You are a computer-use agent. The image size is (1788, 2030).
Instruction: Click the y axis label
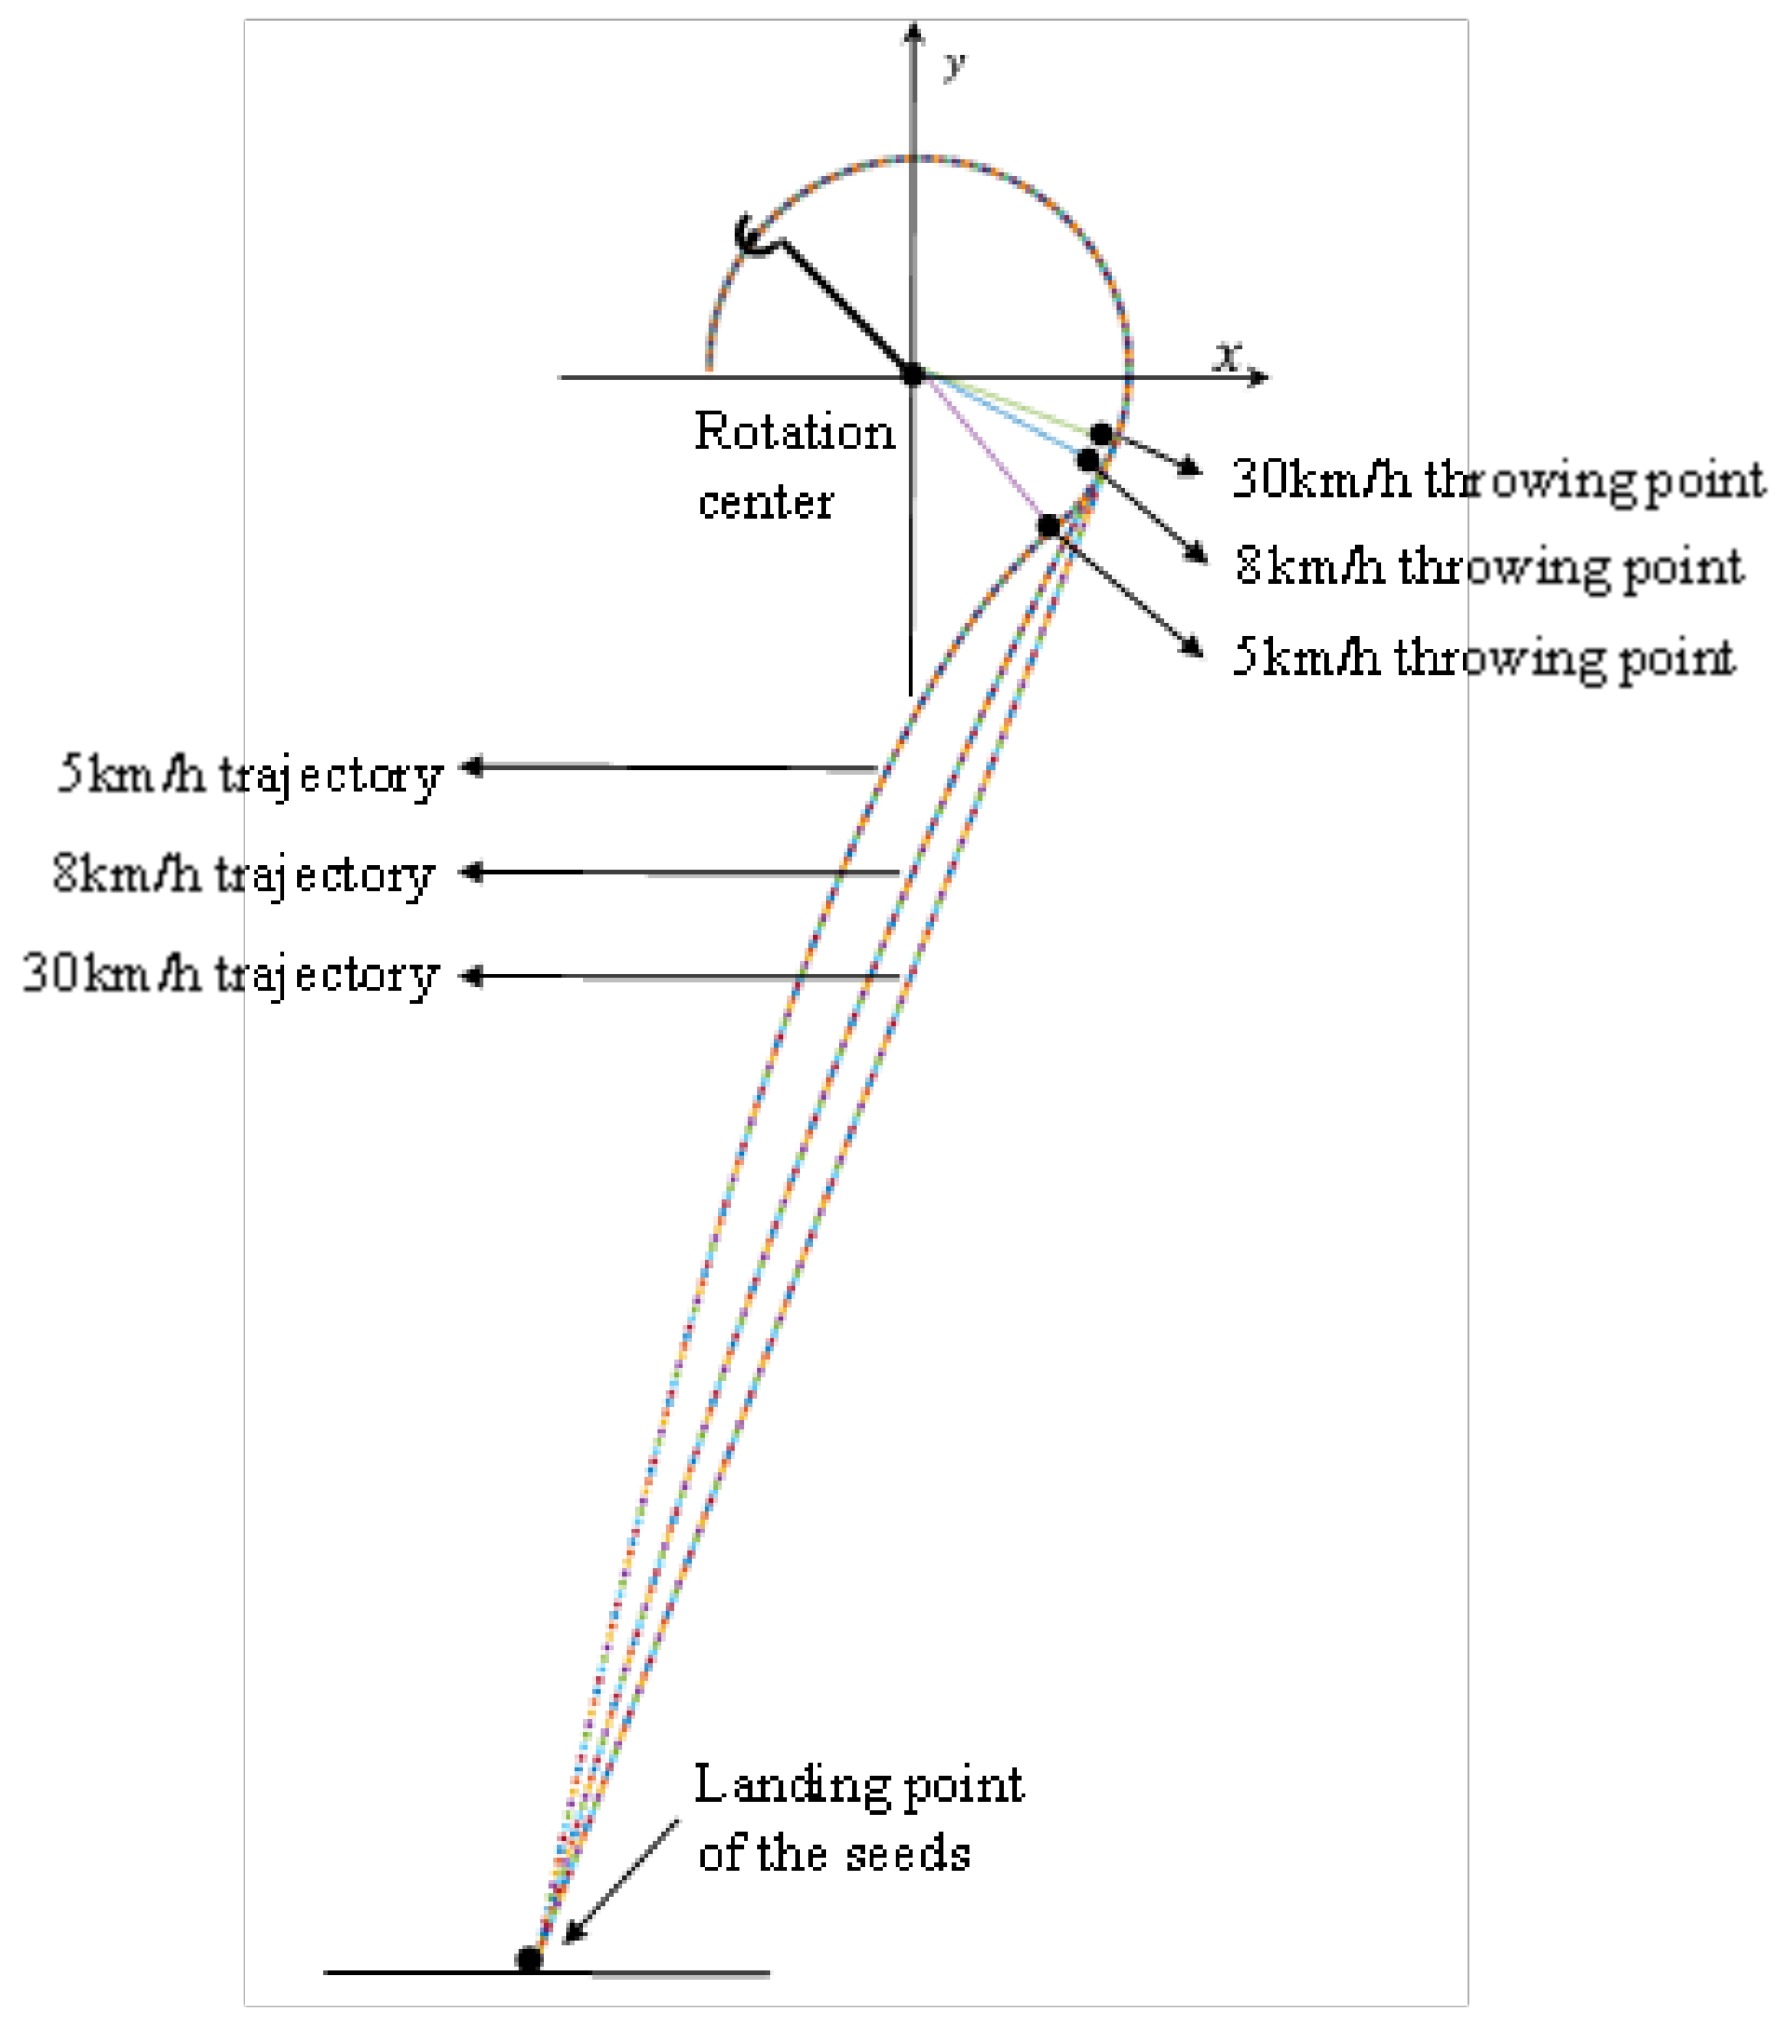click(x=955, y=65)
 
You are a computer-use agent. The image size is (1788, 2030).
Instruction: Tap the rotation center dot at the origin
click(x=913, y=374)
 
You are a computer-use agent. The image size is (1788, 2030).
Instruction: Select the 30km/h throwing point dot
click(x=1101, y=434)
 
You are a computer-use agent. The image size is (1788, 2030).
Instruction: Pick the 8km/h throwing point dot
click(x=1088, y=460)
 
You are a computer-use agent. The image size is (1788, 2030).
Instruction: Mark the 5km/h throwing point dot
click(x=1049, y=525)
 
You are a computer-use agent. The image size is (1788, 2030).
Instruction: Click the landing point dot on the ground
click(x=530, y=1959)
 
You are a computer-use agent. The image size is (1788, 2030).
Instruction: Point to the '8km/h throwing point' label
click(x=1488, y=567)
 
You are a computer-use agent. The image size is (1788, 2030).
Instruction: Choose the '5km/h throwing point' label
click(x=1483, y=657)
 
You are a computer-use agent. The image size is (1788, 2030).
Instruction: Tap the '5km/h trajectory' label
click(x=250, y=775)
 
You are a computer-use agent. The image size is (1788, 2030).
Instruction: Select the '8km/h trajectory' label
click(x=244, y=875)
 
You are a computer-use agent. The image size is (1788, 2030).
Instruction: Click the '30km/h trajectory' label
click(x=230, y=975)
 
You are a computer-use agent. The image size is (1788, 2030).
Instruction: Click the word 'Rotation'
click(x=793, y=432)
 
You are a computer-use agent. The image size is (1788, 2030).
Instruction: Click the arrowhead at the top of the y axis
click(x=914, y=32)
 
